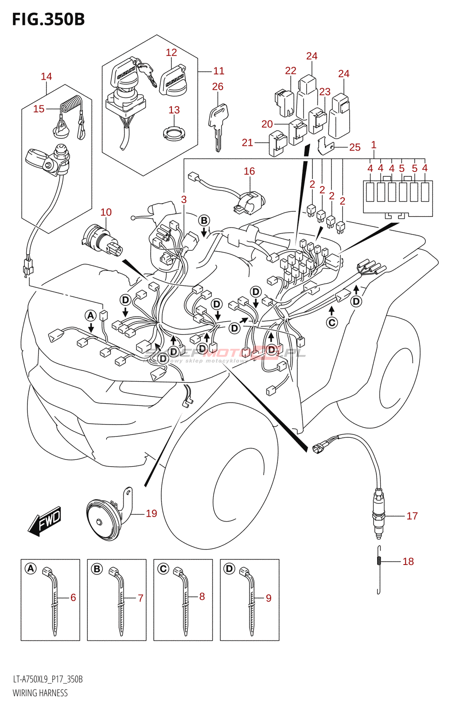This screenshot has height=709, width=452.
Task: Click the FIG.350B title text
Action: (x=48, y=19)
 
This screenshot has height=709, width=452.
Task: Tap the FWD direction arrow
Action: (x=45, y=521)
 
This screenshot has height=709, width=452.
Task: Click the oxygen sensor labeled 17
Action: (x=378, y=514)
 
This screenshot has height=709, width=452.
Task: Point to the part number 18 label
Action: (x=408, y=561)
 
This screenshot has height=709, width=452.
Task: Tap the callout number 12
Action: (x=171, y=52)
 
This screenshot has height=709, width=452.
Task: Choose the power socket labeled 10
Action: (x=101, y=239)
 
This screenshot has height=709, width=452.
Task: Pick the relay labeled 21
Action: (x=278, y=143)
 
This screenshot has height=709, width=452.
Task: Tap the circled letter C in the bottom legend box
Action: (x=164, y=569)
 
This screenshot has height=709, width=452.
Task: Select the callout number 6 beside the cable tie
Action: (x=73, y=597)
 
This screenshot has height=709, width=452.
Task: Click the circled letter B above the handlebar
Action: (x=204, y=221)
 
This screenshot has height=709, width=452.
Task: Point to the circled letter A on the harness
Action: (x=91, y=316)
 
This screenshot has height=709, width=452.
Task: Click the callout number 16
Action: (x=249, y=171)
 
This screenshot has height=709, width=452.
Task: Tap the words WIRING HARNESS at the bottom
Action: (x=40, y=693)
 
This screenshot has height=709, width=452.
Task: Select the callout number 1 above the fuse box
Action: (x=374, y=144)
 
